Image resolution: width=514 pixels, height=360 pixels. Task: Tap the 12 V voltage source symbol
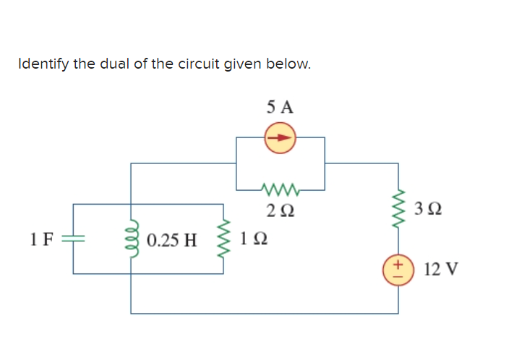pos(398,270)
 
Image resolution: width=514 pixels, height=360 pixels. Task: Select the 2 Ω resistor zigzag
pos(280,191)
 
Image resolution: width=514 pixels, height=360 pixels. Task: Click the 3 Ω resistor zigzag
pos(398,210)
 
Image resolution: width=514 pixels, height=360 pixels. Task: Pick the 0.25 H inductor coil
pos(132,238)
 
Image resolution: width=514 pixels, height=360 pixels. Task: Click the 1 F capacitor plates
pos(74,238)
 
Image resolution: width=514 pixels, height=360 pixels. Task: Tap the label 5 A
pos(280,108)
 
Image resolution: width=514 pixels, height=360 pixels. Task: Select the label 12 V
pos(441,270)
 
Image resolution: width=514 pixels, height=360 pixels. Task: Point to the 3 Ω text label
pos(430,210)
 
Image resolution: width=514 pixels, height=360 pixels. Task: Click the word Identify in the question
pos(40,64)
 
